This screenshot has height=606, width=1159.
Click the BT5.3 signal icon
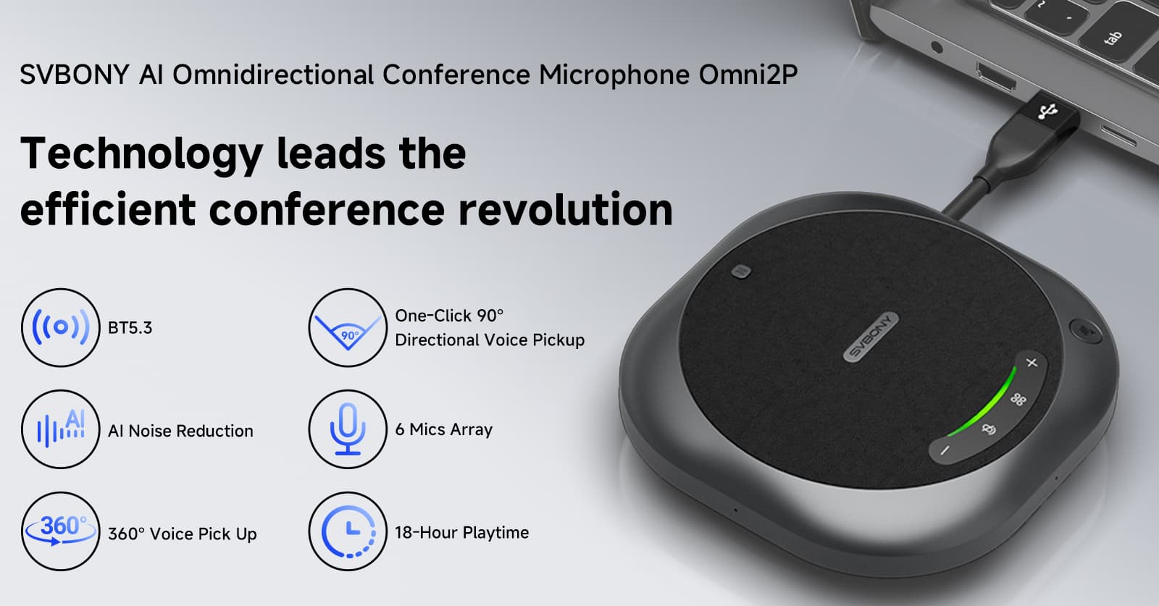[x=61, y=327]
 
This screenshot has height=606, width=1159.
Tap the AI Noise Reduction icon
[x=61, y=429]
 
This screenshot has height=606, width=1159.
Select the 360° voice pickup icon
[x=61, y=531]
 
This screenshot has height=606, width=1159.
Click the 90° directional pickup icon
[x=348, y=327]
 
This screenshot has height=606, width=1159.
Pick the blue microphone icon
[x=348, y=429]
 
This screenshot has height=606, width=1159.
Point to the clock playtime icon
[x=348, y=531]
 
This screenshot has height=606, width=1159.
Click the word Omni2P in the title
[x=748, y=75]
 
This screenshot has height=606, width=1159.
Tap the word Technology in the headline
[x=141, y=154]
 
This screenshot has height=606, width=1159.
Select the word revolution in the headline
[x=566, y=209]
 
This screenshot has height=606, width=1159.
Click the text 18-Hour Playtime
[x=461, y=533]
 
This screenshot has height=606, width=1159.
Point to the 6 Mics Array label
[x=443, y=429]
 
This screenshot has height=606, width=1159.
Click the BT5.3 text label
[x=130, y=328]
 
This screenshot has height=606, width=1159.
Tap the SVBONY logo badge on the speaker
[x=871, y=337]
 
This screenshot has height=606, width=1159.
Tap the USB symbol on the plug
[x=1048, y=111]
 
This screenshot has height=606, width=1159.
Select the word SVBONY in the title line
[x=75, y=75]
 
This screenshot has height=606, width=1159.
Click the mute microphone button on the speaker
[x=989, y=429]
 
